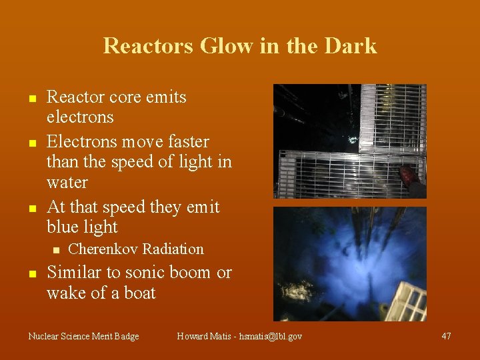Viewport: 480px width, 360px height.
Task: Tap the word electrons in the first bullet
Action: pos(80,117)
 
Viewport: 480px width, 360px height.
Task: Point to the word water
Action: pos(67,182)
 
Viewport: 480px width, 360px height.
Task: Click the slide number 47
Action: pos(446,336)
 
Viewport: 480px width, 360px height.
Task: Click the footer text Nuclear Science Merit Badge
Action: pos(83,337)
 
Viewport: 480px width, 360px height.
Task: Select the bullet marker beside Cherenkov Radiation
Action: pos(56,251)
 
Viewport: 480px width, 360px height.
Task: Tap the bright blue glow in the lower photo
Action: pos(333,267)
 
